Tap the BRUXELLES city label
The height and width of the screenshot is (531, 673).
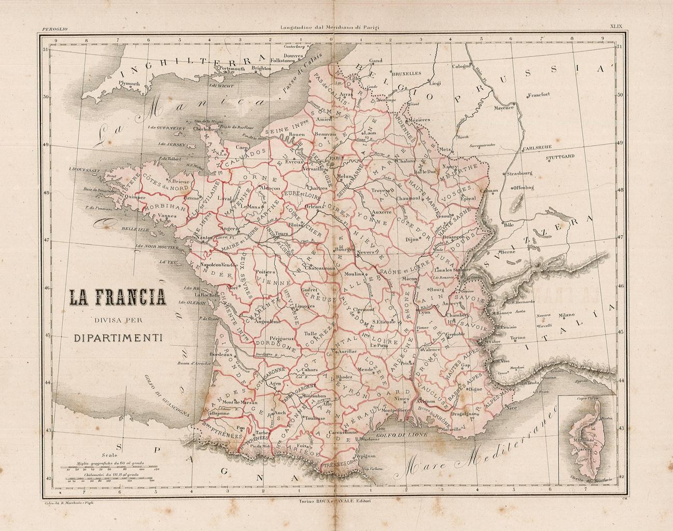pos(406,74)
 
